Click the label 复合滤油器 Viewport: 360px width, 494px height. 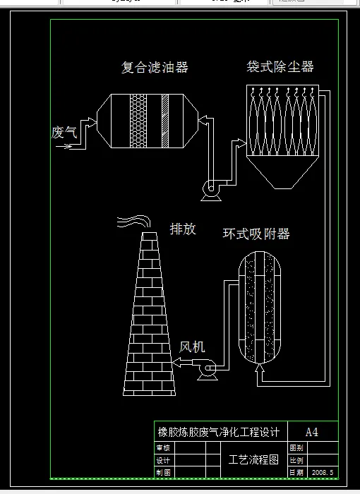pyautogui.click(x=155, y=68)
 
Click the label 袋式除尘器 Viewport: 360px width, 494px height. pyautogui.click(x=280, y=67)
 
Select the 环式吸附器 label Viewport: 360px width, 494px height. pyautogui.click(x=256, y=234)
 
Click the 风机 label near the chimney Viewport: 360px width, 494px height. pyautogui.click(x=192, y=347)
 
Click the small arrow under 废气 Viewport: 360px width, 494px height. pyautogui.click(x=64, y=147)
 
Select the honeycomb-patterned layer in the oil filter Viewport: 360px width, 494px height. pyautogui.click(x=138, y=121)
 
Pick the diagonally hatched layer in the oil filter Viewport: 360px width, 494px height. pyautogui.click(x=166, y=121)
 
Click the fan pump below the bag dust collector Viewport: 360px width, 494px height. pyautogui.click(x=211, y=188)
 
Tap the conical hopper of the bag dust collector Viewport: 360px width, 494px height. pyautogui.click(x=281, y=172)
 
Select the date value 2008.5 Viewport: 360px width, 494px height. pyautogui.click(x=322, y=472)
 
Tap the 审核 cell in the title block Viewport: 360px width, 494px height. pyautogui.click(x=163, y=447)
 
